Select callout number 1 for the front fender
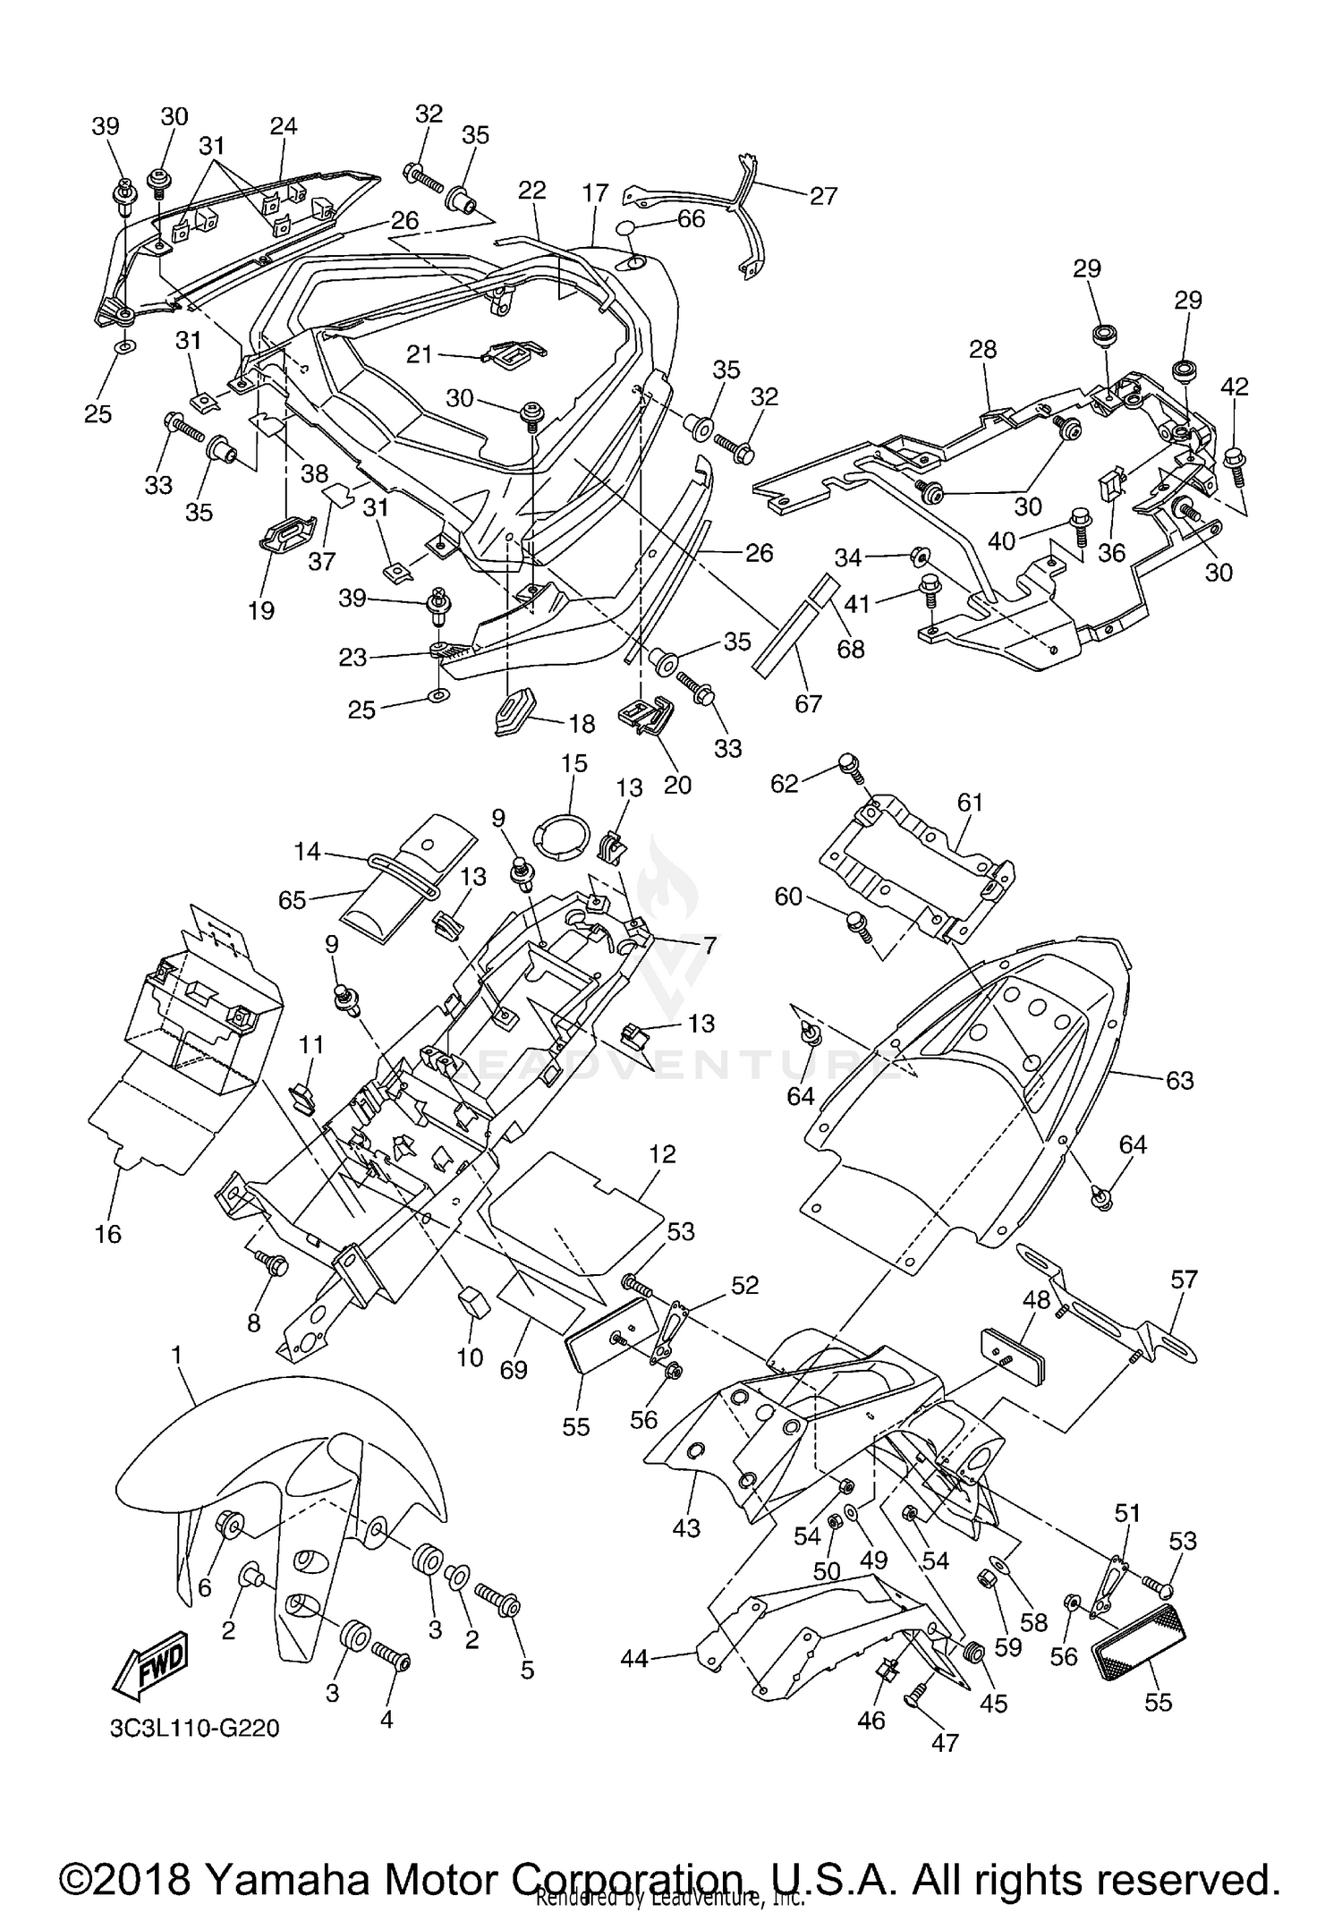(176, 1356)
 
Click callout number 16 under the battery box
(107, 1234)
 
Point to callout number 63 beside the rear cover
(1179, 1080)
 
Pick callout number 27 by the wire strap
(822, 194)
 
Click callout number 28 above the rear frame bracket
(982, 349)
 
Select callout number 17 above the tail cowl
(595, 192)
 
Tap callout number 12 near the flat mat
(662, 1154)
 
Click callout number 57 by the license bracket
(1184, 1280)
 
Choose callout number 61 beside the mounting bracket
(970, 803)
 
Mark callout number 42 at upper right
(1235, 387)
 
